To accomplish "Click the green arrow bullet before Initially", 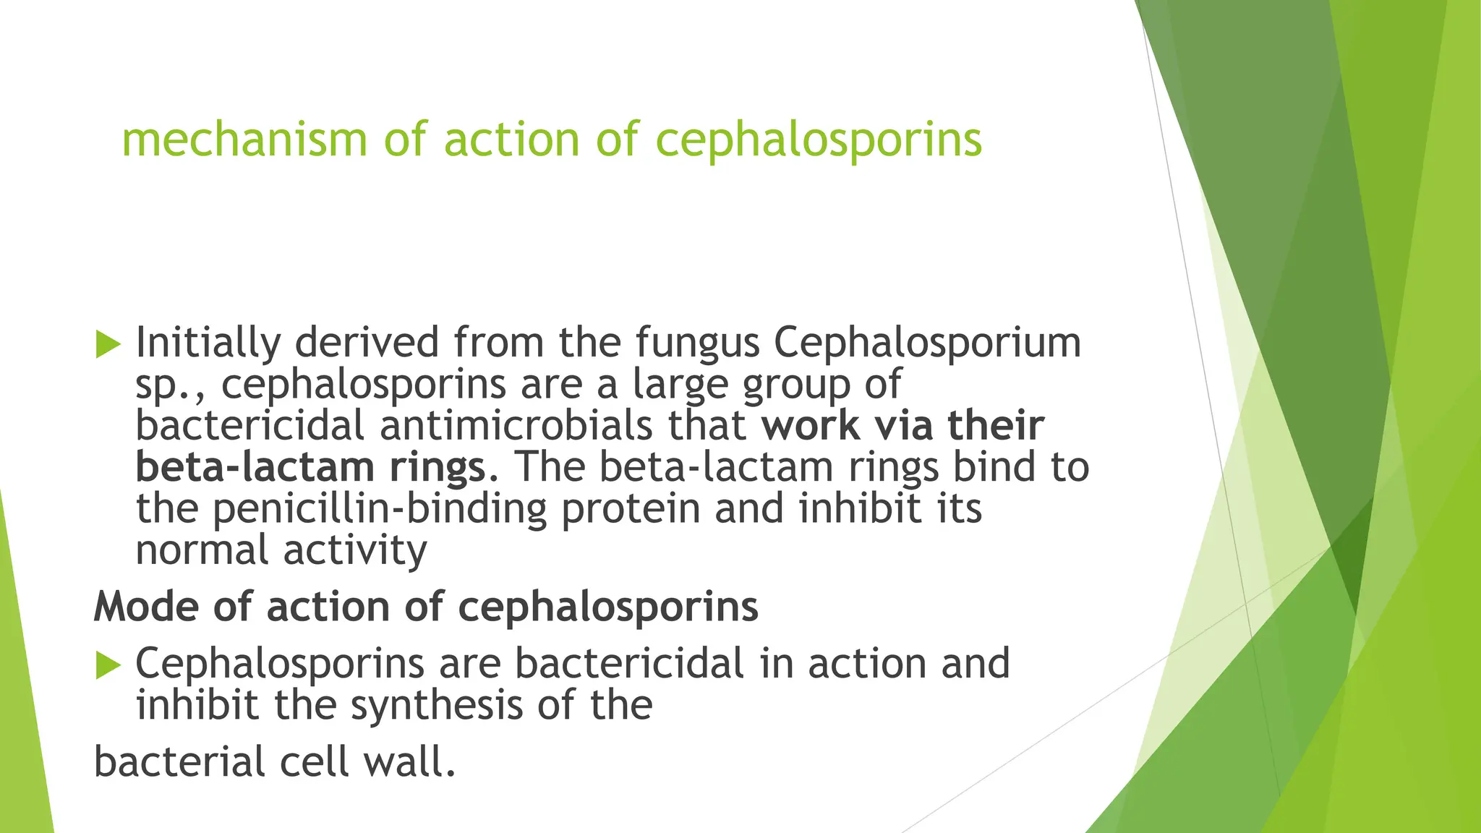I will tap(108, 344).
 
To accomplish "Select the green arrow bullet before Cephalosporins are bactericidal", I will tap(108, 665).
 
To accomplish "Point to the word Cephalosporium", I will tap(927, 343).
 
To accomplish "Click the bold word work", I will tap(811, 426).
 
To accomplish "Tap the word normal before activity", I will tap(202, 551).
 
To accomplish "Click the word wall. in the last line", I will tap(409, 762).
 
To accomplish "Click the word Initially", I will tap(208, 343).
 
